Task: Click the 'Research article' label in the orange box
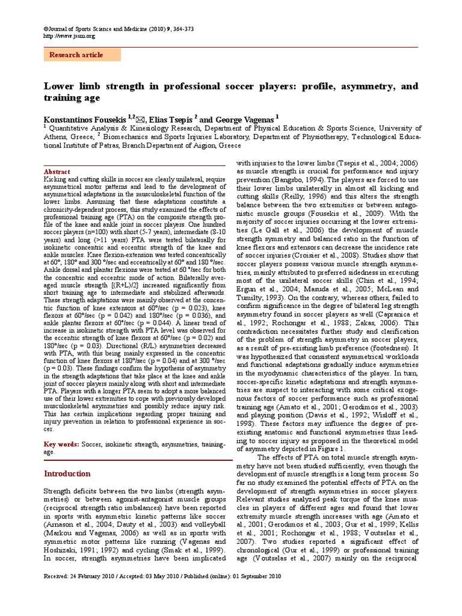click(76, 55)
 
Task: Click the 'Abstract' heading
click(57, 171)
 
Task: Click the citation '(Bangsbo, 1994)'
click(299, 180)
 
